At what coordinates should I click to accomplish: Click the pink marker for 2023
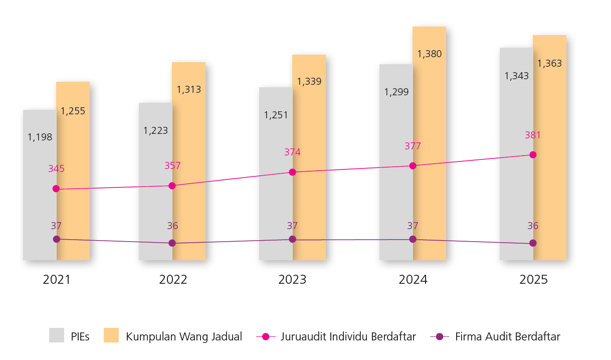tap(293, 172)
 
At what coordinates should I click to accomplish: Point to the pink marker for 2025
tap(533, 154)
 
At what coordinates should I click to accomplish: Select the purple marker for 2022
tap(172, 243)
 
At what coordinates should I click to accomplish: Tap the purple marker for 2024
tap(413, 239)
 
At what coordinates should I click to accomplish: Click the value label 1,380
tap(430, 54)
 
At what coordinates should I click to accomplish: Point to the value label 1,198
tap(40, 137)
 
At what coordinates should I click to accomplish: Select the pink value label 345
tap(56, 169)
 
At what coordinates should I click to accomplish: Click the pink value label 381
tap(533, 135)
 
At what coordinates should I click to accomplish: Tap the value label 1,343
tap(516, 76)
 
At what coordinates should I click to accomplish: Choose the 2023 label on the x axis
tap(293, 280)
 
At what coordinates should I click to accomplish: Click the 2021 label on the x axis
tap(57, 280)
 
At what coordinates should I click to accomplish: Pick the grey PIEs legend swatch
tap(57, 335)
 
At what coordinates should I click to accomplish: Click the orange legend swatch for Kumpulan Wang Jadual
tap(111, 335)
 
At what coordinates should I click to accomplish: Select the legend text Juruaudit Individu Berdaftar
tap(348, 336)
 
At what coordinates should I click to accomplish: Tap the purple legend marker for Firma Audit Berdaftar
tap(440, 336)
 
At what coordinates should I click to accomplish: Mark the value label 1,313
tap(189, 90)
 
